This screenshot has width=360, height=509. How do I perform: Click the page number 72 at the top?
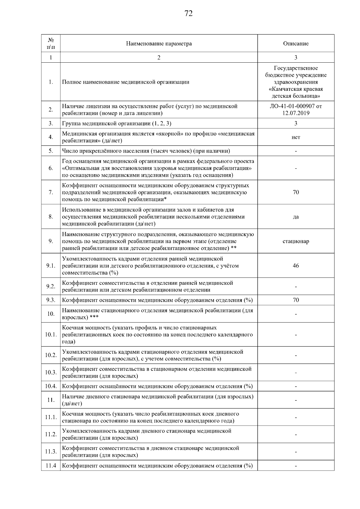coord(188,13)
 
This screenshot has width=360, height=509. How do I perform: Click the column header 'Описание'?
coord(295,43)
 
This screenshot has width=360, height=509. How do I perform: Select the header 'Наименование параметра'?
coord(159,43)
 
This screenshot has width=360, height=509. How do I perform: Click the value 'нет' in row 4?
coord(295,137)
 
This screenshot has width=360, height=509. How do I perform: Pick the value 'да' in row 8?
coord(295,217)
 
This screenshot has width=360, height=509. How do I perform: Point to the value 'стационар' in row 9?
coord(295,241)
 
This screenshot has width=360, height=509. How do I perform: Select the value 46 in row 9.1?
coord(295,266)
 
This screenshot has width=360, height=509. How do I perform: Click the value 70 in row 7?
coord(295,192)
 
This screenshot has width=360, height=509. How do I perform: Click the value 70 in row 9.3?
coord(295,300)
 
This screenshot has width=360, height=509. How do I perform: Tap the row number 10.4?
coord(51,386)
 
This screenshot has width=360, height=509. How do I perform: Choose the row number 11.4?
coord(51,466)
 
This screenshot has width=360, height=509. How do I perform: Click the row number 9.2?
coord(51,286)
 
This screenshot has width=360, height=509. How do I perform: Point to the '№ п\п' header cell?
coord(51,43)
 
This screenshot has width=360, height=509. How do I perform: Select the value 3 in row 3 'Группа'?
coord(295,124)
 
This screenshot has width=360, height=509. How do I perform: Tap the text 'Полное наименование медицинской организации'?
coord(125,82)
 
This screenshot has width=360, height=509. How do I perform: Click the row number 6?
coord(51,168)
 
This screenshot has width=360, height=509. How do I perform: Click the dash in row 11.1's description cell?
coord(295,418)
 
